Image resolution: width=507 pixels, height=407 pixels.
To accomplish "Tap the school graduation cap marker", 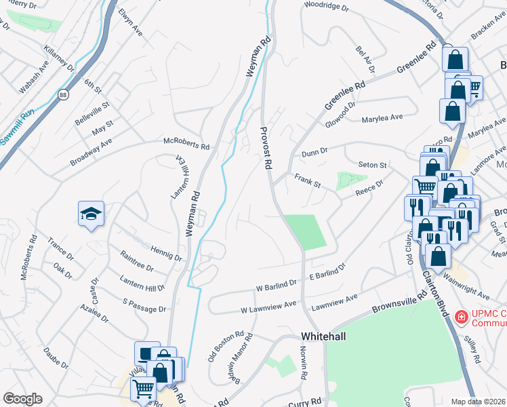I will point(91,215).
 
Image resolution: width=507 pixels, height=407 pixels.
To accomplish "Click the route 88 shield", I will point(63,94).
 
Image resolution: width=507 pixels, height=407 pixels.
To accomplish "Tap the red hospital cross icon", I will point(461,317).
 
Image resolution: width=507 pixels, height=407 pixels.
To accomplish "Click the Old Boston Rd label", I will point(226,345).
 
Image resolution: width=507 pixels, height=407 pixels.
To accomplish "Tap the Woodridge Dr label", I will point(326,7).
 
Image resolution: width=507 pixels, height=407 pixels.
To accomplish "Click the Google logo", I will point(22,399).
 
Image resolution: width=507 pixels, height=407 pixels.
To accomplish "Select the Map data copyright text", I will point(479,402).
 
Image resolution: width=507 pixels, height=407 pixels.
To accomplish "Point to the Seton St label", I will point(373,166).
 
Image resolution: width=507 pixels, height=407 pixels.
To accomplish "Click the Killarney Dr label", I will point(58,60).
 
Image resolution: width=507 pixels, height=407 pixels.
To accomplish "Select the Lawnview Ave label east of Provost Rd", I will point(333,303).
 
